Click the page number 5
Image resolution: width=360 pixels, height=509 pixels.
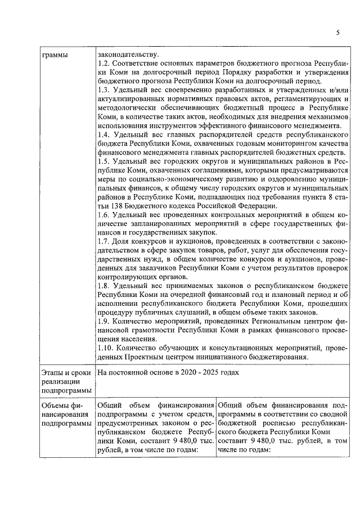click(338, 33)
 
